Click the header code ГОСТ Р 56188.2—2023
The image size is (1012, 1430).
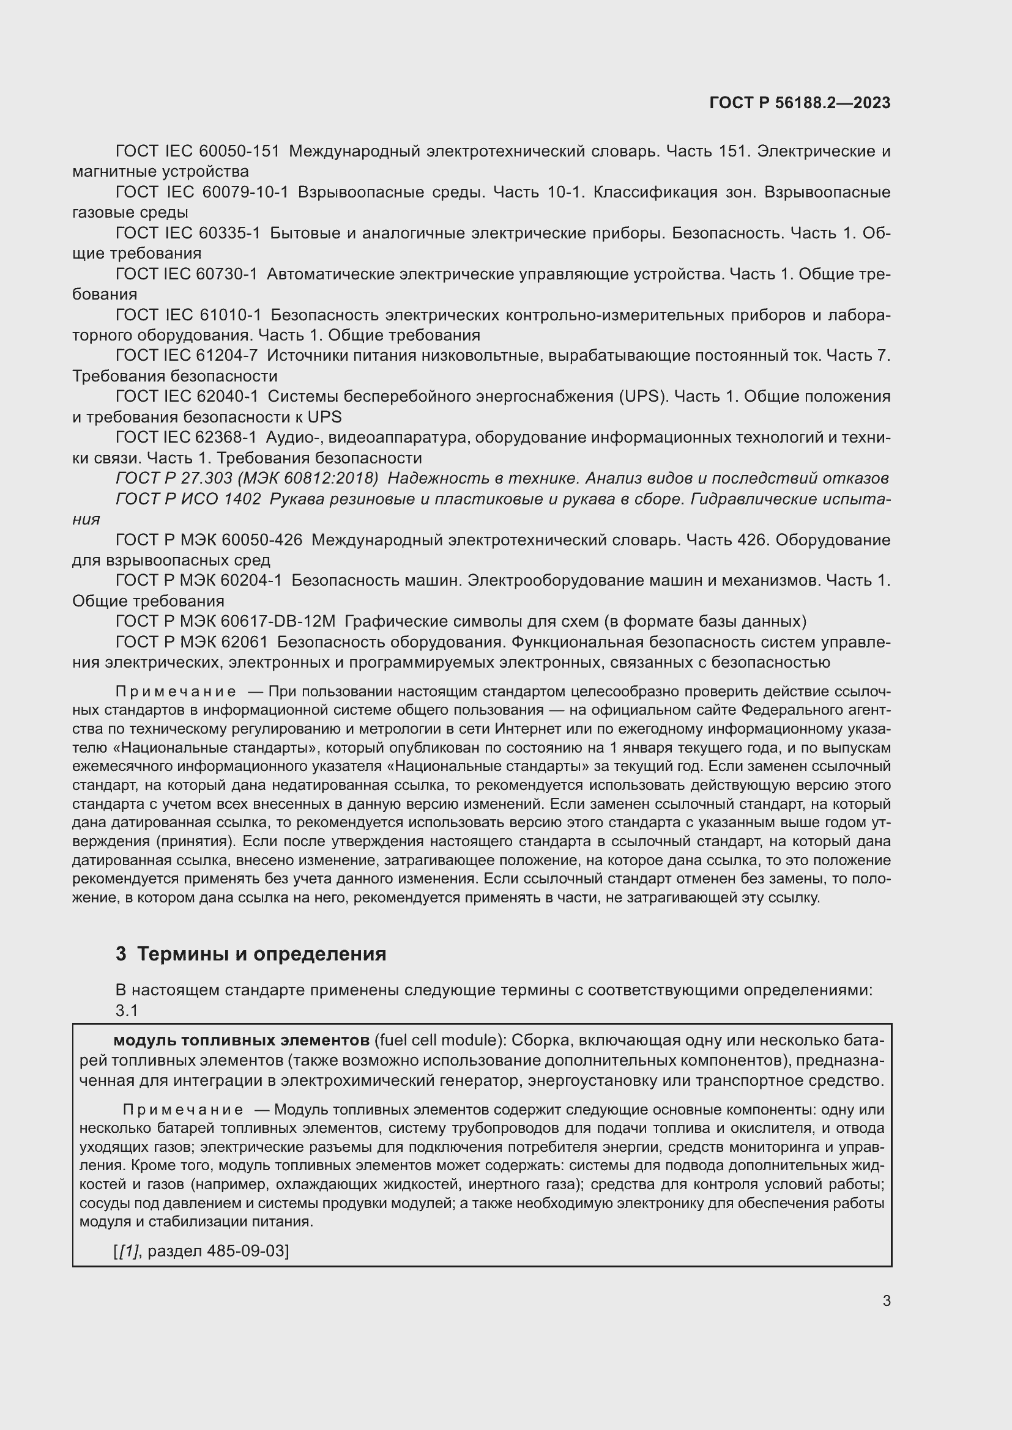coord(800,103)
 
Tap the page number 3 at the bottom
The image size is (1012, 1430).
coord(886,1300)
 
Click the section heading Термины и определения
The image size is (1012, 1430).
coord(261,954)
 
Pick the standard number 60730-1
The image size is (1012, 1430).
coord(228,274)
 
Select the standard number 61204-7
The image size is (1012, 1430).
coord(228,356)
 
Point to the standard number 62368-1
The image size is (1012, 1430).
coord(228,438)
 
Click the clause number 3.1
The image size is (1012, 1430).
coord(127,1010)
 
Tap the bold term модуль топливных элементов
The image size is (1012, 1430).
coord(241,1040)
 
